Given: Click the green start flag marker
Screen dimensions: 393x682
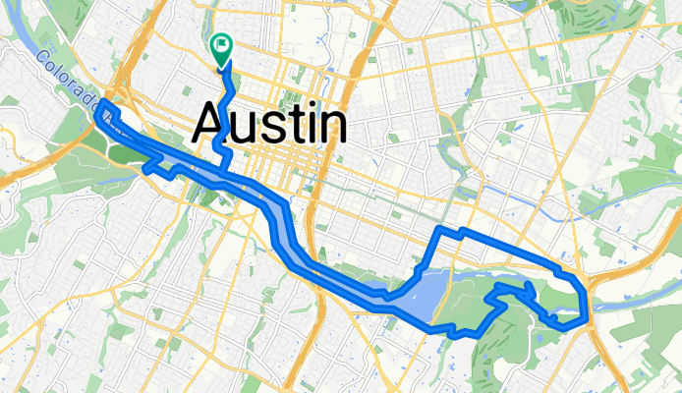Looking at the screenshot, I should point(220,45).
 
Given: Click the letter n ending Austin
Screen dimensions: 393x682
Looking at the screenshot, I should point(331,129).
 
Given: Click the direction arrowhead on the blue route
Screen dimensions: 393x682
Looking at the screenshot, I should point(530,287).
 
